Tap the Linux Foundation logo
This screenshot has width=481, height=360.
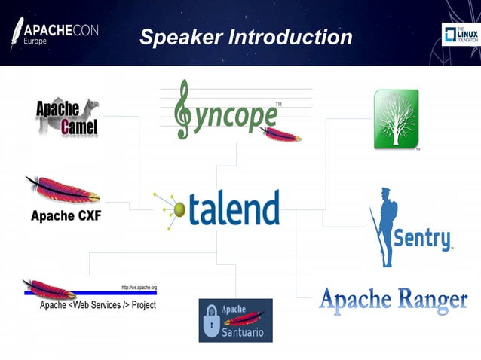click(459, 35)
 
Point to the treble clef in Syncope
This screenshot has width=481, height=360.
click(182, 110)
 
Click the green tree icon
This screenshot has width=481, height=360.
click(396, 119)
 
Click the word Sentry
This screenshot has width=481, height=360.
click(423, 239)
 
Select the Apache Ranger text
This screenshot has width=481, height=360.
click(393, 300)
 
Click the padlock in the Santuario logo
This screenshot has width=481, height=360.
click(213, 325)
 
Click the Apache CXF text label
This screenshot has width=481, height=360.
click(66, 216)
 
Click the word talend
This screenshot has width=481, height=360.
click(233, 209)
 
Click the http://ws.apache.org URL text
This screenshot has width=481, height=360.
click(139, 288)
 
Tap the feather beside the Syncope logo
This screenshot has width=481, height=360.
click(280, 135)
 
